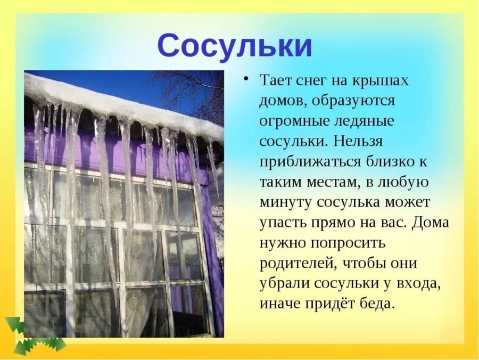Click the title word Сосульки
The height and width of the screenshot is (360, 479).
click(x=235, y=46)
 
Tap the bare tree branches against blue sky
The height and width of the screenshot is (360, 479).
click(x=192, y=91)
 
